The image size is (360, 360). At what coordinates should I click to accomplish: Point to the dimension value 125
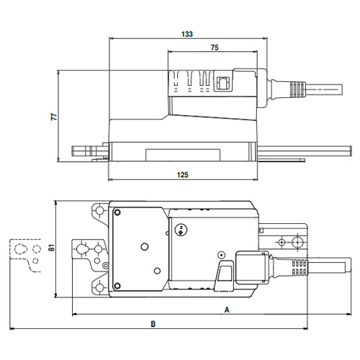184,175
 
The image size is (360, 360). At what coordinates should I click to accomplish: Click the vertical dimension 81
51,248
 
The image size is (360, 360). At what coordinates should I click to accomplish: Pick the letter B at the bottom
152,324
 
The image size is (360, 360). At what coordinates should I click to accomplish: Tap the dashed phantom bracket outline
26,256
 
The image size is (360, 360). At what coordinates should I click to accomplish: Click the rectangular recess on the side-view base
184,153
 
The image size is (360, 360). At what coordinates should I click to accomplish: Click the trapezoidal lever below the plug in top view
222,277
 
